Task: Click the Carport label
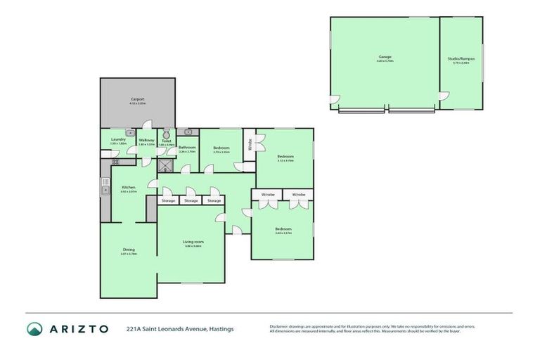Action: tap(137, 99)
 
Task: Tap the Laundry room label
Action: tap(118, 139)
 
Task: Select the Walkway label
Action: tap(146, 139)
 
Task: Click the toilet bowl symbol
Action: tap(167, 134)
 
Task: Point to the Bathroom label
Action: tap(186, 147)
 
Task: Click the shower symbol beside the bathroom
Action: tap(166, 166)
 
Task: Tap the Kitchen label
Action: tap(128, 187)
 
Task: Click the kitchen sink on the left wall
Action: tap(105, 188)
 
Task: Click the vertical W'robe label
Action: tap(249, 146)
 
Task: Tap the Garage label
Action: tap(385, 56)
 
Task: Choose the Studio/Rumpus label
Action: tap(461, 58)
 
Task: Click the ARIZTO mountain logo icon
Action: tap(34, 328)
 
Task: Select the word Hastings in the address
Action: tap(221, 328)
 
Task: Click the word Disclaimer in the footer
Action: tap(281, 326)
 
